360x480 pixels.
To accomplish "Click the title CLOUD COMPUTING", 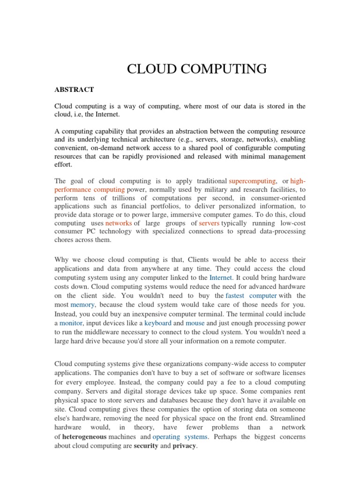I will click(197, 69).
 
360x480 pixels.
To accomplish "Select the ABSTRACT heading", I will click(74, 90).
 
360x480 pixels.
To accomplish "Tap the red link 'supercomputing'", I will click(252, 181).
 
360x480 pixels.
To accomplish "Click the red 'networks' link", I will click(118, 223).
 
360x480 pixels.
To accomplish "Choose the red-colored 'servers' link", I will click(209, 223).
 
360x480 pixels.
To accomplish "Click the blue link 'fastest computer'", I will click(251, 295).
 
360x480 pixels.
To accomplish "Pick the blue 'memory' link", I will click(82, 304).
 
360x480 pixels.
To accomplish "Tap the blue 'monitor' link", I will click(71, 323).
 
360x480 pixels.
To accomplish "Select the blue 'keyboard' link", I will click(157, 323).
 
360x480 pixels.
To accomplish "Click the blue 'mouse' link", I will click(195, 323).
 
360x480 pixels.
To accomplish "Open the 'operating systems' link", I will click(180, 436).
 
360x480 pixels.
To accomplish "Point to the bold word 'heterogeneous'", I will click(84, 436).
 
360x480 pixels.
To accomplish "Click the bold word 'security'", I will click(146, 446).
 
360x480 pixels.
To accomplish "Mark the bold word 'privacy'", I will click(185, 446).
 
